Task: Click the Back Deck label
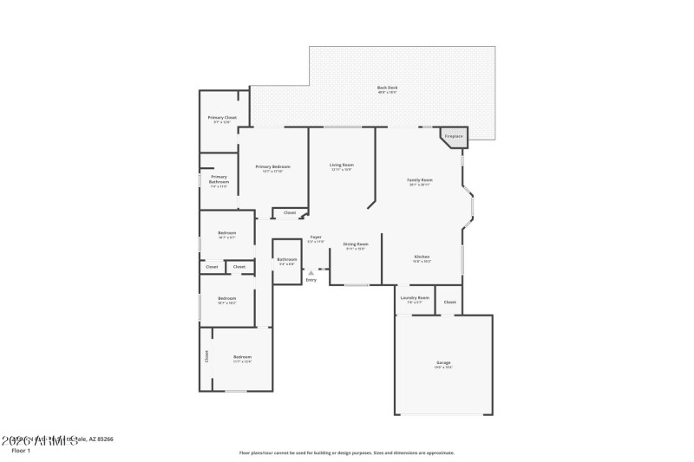pyautogui.click(x=388, y=88)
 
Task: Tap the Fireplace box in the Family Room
pyautogui.click(x=454, y=136)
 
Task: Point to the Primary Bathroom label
pyautogui.click(x=219, y=179)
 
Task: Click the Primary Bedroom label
pyautogui.click(x=272, y=166)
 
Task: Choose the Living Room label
pyautogui.click(x=342, y=165)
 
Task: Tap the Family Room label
pyautogui.click(x=420, y=180)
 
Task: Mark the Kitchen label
pyautogui.click(x=422, y=257)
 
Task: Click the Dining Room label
pyautogui.click(x=356, y=244)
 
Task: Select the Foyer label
pyautogui.click(x=316, y=238)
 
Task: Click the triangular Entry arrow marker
pyautogui.click(x=311, y=272)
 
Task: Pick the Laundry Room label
pyautogui.click(x=414, y=298)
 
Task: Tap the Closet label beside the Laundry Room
pyautogui.click(x=449, y=302)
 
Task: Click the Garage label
pyautogui.click(x=443, y=362)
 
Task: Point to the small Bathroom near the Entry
pyautogui.click(x=286, y=259)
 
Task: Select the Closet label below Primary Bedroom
pyautogui.click(x=290, y=212)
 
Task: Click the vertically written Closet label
pyautogui.click(x=206, y=356)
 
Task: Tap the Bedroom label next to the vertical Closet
pyautogui.click(x=242, y=357)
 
